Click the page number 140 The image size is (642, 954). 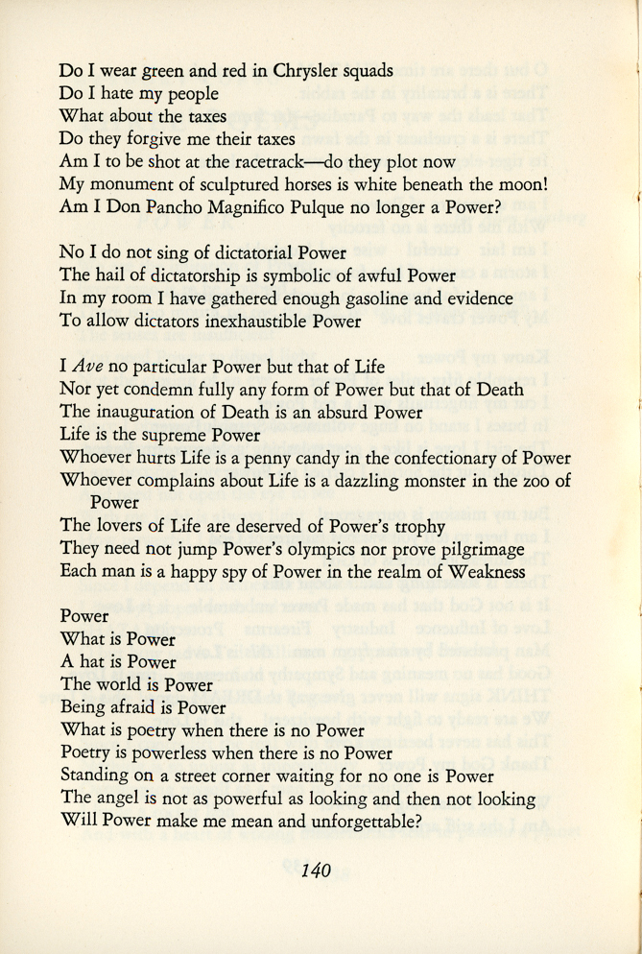coord(316,871)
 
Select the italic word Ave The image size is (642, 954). coord(86,367)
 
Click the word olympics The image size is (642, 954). coord(313,549)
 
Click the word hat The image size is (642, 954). coord(93,662)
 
